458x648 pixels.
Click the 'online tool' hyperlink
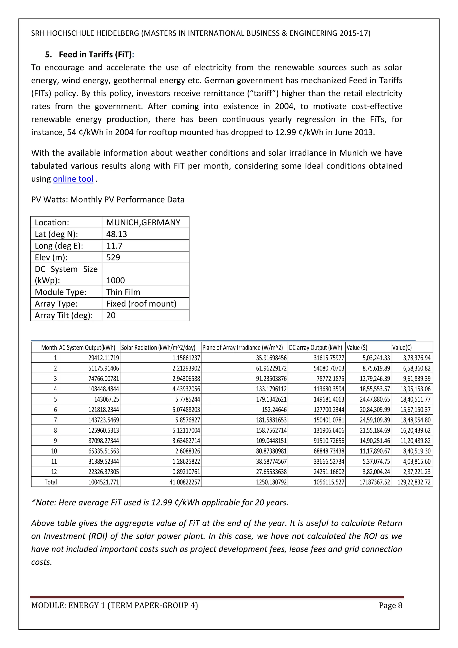[x=73, y=179]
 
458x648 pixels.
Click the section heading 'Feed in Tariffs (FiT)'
[x=95, y=54]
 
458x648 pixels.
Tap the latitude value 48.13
[x=117, y=234]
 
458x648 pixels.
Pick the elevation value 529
[x=113, y=257]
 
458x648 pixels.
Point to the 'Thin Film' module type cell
[x=123, y=292]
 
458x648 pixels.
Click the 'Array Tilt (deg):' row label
[x=64, y=315]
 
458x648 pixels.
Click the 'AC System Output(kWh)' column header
[x=87, y=347]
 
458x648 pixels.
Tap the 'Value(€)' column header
[x=402, y=347]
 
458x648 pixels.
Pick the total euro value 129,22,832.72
[x=414, y=482]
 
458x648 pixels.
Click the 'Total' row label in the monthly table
[x=51, y=482]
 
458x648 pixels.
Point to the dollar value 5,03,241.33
[x=376, y=358]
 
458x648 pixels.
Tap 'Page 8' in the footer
[x=390, y=605]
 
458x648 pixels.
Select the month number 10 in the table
[x=54, y=451]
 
